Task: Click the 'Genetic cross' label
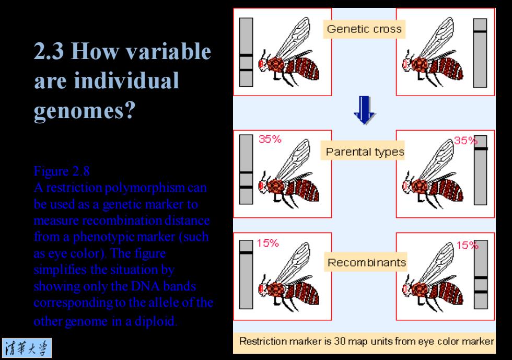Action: pyautogui.click(x=364, y=29)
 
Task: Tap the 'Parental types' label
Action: pyautogui.click(x=365, y=152)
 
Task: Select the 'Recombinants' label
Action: pyautogui.click(x=366, y=262)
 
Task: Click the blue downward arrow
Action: pyautogui.click(x=365, y=110)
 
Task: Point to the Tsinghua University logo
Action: pyautogui.click(x=27, y=348)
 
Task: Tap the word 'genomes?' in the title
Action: pyautogui.click(x=85, y=111)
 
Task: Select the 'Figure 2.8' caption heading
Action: pyautogui.click(x=62, y=171)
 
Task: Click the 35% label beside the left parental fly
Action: pyautogui.click(x=270, y=139)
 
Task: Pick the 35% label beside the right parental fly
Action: pyautogui.click(x=466, y=141)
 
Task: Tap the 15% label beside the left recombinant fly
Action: pyautogui.click(x=267, y=243)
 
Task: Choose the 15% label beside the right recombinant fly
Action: pyautogui.click(x=467, y=245)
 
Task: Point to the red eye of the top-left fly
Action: pyautogui.click(x=261, y=63)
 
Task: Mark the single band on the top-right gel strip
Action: pyautogui.click(x=480, y=31)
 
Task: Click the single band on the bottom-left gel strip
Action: pyautogui.click(x=246, y=253)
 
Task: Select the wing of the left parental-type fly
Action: pyautogui.click(x=292, y=160)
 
